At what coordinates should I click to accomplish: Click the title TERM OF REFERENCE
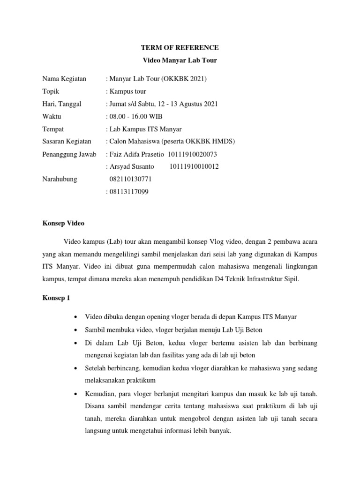pyautogui.click(x=180, y=48)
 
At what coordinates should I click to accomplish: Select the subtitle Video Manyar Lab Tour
pyautogui.click(x=180, y=60)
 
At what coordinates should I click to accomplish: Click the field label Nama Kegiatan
pyautogui.click(x=64, y=79)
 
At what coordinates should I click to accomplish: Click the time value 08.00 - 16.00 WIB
pyautogui.click(x=136, y=116)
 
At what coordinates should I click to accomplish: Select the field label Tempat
pyautogui.click(x=53, y=129)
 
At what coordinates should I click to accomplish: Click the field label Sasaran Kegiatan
pyautogui.click(x=67, y=141)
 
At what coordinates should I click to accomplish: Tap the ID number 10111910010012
pyautogui.click(x=194, y=166)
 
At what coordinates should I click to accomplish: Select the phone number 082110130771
pyautogui.click(x=130, y=179)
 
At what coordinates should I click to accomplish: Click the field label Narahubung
pyautogui.click(x=60, y=179)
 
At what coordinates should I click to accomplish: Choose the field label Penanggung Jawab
pyautogui.click(x=69, y=154)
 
